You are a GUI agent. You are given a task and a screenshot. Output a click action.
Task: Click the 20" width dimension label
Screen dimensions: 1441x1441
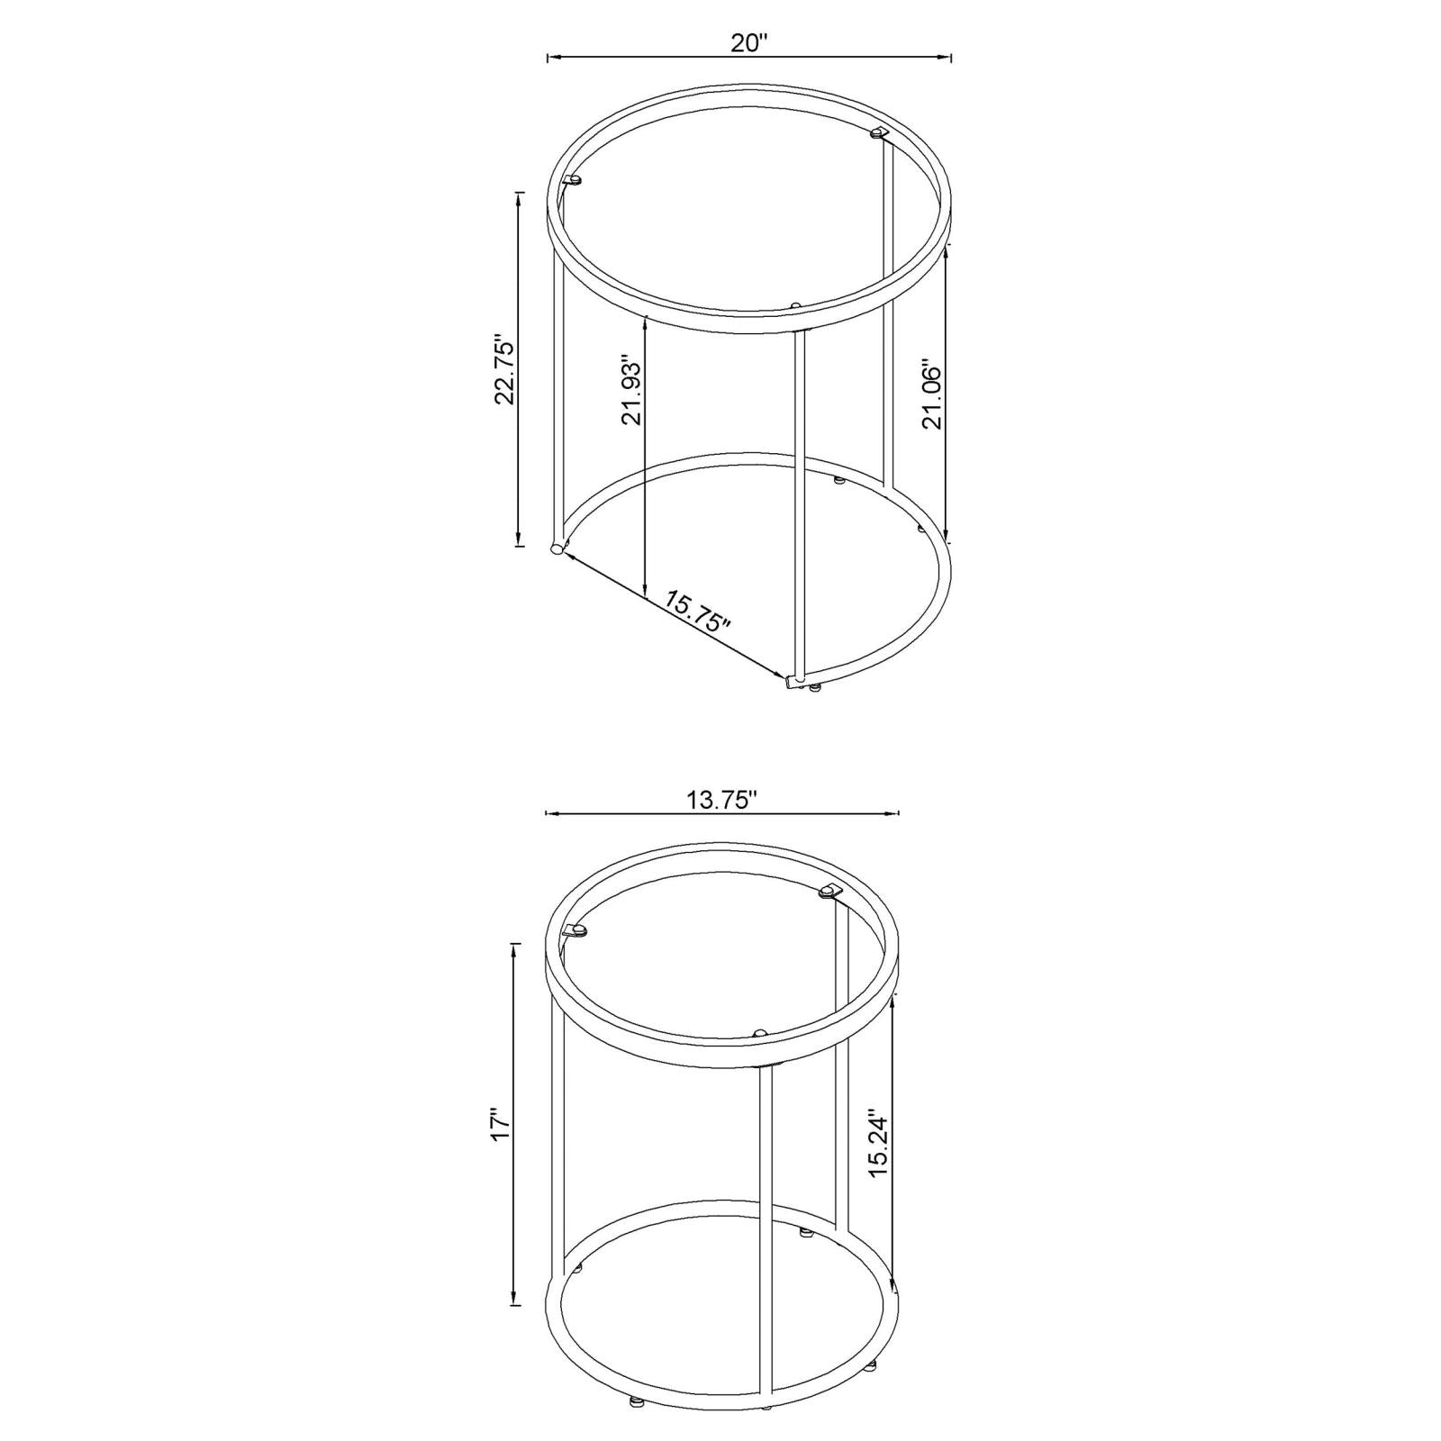(x=748, y=43)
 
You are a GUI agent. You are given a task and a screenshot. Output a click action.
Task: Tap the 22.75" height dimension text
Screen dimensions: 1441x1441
(x=505, y=372)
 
